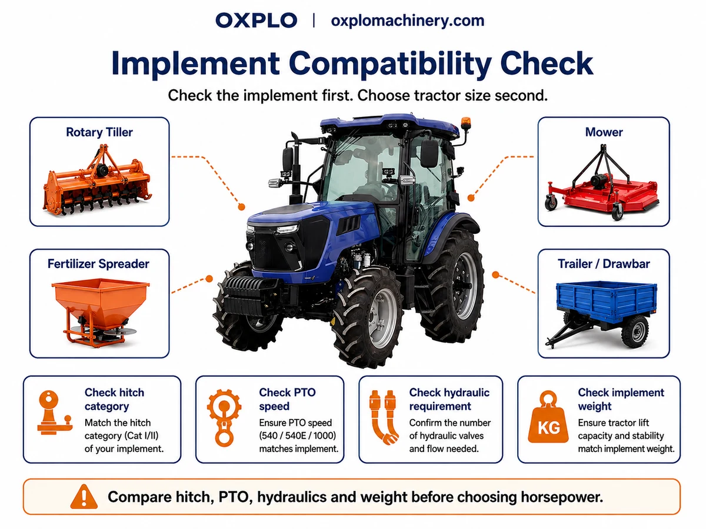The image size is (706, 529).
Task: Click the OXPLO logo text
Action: [x=256, y=21]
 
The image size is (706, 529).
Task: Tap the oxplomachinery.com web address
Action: [x=408, y=21]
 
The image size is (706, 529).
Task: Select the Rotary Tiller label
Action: [x=99, y=132]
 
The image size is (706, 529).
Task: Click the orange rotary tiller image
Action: [x=98, y=181]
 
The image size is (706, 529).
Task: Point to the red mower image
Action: [x=601, y=183]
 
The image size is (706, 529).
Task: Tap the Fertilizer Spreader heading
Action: [x=98, y=264]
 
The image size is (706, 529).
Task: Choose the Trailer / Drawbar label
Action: [x=604, y=264]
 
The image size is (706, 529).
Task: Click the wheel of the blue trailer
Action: [x=635, y=332]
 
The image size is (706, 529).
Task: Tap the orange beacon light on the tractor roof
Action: [x=466, y=123]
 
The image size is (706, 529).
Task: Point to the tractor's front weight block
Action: [x=249, y=296]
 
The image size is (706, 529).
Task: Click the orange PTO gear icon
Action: [x=224, y=417]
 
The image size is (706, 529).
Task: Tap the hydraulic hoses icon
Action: [x=384, y=417]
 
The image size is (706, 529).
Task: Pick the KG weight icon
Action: [x=548, y=417]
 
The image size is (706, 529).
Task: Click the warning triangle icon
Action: [x=84, y=497]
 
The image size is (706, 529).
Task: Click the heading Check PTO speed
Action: [x=287, y=399]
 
